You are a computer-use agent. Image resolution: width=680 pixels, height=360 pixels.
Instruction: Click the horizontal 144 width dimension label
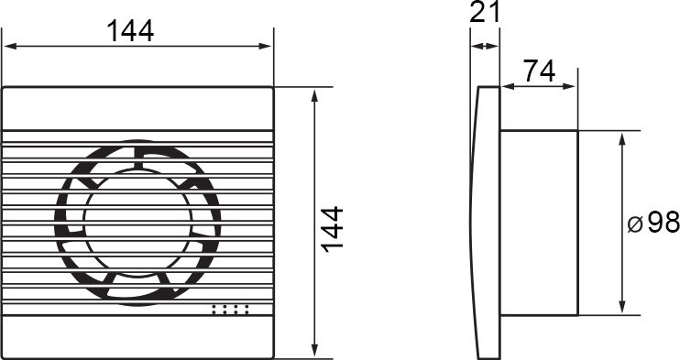point(130,31)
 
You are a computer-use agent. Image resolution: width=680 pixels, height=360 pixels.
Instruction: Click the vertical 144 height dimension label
point(332,229)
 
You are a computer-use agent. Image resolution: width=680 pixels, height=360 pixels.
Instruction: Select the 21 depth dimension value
point(485,12)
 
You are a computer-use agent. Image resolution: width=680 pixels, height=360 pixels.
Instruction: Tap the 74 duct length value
point(539,71)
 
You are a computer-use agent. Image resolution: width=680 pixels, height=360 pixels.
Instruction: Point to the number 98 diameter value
point(664,223)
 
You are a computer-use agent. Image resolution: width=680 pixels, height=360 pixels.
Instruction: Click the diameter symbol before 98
point(635,224)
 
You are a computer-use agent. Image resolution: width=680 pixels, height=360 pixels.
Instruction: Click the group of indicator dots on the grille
point(230,310)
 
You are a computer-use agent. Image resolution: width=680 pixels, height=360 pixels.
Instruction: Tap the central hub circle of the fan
point(137,222)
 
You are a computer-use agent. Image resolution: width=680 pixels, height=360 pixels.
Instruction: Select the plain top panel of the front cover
point(137,109)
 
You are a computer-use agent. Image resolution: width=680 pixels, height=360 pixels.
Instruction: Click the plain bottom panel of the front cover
point(137,337)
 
